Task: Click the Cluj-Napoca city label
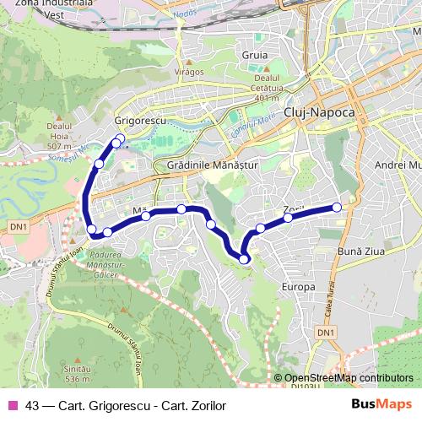[x=320, y=111]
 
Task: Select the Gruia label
[x=254, y=55]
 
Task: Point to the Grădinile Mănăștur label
[x=212, y=165]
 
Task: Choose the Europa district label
[x=300, y=287]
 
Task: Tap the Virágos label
[x=189, y=72]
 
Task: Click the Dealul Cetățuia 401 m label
[x=266, y=88]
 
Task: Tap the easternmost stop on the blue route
[x=337, y=207]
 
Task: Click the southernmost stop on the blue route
[x=244, y=259]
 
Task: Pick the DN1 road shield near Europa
[x=326, y=334]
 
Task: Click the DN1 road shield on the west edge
[x=19, y=227]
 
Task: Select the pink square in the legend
[x=12, y=406]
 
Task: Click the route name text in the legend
[x=127, y=406]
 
